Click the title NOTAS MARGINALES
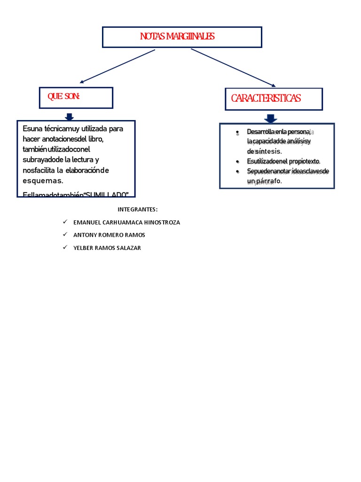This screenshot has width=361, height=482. tap(177, 37)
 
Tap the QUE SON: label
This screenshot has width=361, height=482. tap(64, 96)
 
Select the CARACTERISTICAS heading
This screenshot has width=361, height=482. tap(266, 98)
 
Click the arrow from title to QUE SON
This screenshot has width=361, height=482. tap(118, 66)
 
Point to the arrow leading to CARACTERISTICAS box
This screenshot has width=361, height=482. tap(233, 67)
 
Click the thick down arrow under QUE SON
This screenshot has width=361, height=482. tap(69, 116)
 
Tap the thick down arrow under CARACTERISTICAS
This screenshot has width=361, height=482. tap(271, 118)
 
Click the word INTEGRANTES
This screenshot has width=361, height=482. tap(137, 209)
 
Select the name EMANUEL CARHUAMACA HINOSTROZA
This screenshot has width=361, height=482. tap(126, 222)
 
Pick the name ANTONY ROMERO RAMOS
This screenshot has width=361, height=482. tap(109, 235)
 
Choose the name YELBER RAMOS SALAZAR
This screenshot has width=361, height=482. tap(107, 248)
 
